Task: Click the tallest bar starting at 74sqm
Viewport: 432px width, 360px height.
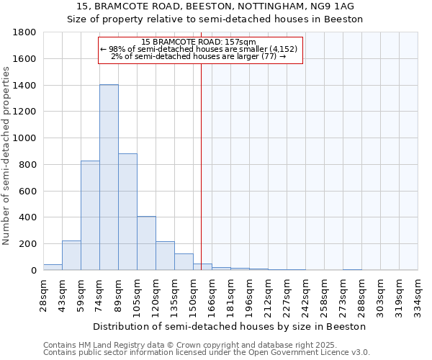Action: [109, 177]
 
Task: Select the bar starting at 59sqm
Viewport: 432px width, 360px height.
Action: [90, 215]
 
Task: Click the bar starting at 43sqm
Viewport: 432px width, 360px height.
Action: [71, 256]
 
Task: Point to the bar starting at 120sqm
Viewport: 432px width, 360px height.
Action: [165, 256]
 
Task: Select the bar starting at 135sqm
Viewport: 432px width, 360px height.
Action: [184, 262]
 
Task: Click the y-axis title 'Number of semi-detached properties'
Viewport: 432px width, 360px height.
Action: [6, 155]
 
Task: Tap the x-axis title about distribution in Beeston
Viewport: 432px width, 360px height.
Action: [229, 326]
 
